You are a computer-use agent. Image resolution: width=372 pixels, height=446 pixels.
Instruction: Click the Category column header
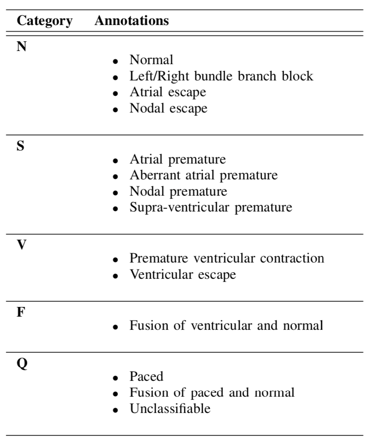(45, 21)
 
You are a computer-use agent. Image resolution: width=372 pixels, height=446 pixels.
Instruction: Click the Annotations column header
(131, 21)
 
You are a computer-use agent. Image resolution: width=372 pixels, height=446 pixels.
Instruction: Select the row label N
(22, 46)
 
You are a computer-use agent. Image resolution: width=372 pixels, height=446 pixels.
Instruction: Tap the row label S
(21, 146)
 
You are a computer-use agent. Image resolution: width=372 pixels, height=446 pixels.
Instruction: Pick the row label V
(22, 245)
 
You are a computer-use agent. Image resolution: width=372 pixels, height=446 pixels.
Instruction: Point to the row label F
(21, 312)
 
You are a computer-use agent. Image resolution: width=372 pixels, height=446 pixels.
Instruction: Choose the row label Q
(22, 364)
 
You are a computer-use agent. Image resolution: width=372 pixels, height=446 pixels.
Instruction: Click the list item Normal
(151, 60)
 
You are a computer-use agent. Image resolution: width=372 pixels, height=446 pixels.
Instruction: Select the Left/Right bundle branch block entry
(221, 76)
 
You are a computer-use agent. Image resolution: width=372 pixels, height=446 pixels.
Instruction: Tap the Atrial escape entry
(168, 92)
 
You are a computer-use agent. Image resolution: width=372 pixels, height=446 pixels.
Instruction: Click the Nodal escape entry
(168, 108)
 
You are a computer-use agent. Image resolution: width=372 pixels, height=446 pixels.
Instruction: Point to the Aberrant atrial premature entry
(204, 175)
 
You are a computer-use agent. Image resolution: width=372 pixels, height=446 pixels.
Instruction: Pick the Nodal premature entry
(179, 191)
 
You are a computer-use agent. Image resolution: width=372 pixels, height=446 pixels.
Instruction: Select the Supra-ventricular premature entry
(211, 207)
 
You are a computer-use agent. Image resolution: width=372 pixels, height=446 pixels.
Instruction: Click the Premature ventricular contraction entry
(227, 258)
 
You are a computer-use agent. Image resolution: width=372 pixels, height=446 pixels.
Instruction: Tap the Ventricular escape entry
(183, 274)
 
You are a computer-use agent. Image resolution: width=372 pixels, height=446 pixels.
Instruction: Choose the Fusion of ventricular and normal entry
(226, 325)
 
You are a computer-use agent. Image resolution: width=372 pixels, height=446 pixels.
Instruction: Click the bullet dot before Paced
(115, 378)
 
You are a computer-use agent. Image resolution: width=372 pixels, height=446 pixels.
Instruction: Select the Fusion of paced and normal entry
(212, 393)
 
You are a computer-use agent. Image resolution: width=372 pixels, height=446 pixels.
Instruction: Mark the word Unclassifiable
(170, 409)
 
